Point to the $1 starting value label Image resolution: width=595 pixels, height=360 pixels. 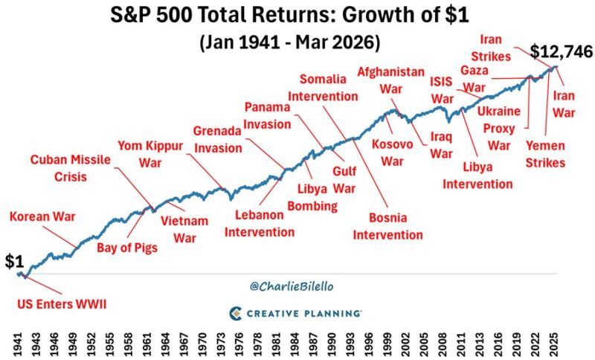15,261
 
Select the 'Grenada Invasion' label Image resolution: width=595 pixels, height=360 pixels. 218,139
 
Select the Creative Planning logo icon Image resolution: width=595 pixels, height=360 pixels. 236,313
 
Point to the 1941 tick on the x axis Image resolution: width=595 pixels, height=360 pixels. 16,344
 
